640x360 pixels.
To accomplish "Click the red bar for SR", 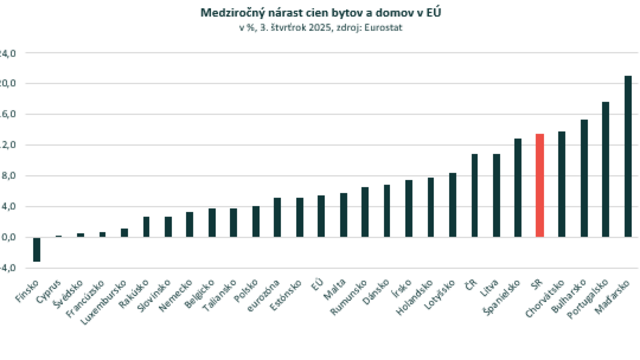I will [540, 185].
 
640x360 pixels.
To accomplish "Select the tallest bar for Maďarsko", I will [628, 156].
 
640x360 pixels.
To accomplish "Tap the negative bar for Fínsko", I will [37, 249].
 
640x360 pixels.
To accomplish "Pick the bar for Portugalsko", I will [606, 169].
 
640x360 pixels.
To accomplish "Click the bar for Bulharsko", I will [584, 178].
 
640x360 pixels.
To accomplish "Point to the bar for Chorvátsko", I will [562, 184].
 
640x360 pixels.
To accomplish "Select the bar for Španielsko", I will [518, 187].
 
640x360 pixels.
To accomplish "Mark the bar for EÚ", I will [321, 216].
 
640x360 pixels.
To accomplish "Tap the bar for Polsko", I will [255, 221].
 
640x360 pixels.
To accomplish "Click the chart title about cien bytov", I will [320, 12].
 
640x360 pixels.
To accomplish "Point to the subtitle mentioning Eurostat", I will [320, 27].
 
